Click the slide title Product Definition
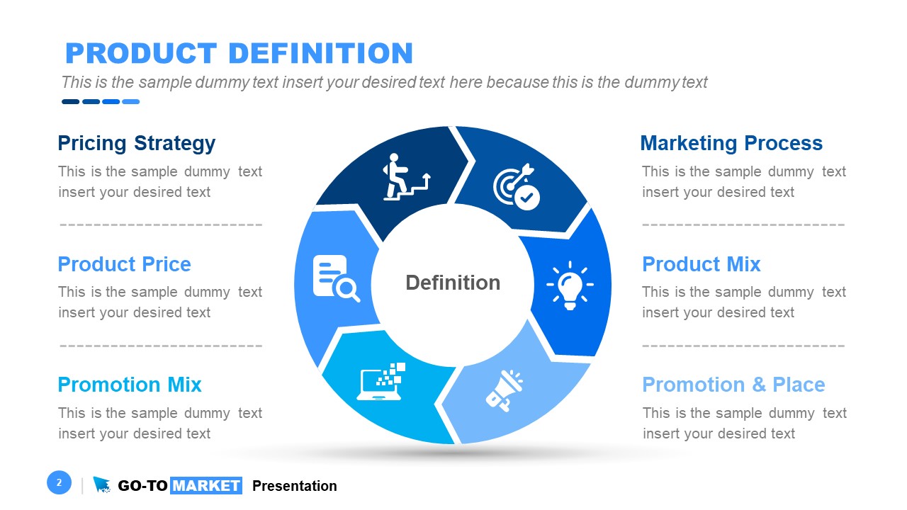(x=239, y=54)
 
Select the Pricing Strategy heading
(x=136, y=143)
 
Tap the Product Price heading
(x=124, y=264)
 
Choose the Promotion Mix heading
(x=130, y=385)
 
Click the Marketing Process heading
(x=731, y=143)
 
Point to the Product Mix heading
(x=701, y=264)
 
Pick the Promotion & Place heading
(x=733, y=385)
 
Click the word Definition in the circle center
(x=453, y=283)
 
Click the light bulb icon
(x=570, y=285)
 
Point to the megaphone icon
(x=504, y=390)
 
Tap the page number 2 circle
(x=60, y=483)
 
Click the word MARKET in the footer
(x=206, y=486)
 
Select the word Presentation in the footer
(x=294, y=486)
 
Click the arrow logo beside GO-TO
(x=102, y=485)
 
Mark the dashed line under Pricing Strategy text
(x=161, y=225)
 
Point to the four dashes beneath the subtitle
(x=101, y=102)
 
